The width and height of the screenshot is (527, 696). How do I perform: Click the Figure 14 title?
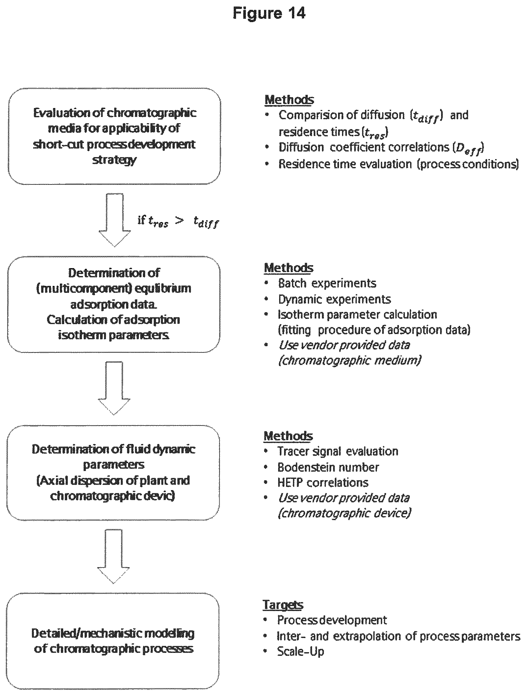coord(269,13)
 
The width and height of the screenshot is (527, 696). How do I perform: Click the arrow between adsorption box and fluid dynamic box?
coord(114,388)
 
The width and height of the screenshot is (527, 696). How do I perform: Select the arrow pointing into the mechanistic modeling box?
coord(114,557)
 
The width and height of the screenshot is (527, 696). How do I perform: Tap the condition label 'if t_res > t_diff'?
coord(178,221)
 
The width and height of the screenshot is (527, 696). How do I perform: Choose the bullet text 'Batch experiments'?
coord(327,283)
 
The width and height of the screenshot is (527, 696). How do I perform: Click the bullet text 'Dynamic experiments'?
coord(334,299)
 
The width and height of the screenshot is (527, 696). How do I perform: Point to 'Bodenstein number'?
coord(328,467)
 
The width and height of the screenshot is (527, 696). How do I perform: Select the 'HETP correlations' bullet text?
coord(323,483)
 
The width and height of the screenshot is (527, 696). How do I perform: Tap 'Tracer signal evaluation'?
coord(338,451)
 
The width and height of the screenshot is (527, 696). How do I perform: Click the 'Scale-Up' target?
coord(301,651)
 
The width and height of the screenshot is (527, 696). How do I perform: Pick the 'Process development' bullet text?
coord(332,620)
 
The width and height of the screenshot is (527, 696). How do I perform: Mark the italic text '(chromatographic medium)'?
coord(350,361)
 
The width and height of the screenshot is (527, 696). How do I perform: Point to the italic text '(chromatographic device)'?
coord(344,514)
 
